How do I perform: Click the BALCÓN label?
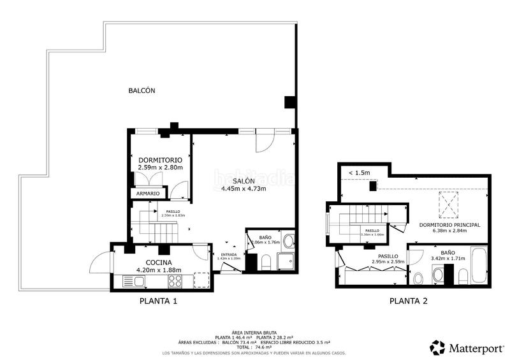[x=142, y=90]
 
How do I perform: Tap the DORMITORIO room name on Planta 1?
[x=160, y=159]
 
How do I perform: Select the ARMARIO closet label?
[x=147, y=193]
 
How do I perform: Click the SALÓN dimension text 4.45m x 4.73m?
[x=243, y=189]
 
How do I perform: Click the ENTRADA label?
[x=228, y=255]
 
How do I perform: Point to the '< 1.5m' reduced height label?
[x=360, y=172]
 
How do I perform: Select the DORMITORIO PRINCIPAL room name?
[x=450, y=224]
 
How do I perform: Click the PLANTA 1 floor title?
[x=158, y=301]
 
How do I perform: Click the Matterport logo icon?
[x=438, y=347]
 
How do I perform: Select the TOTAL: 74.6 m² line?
[x=254, y=347]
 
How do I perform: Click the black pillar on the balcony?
[x=289, y=102]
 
